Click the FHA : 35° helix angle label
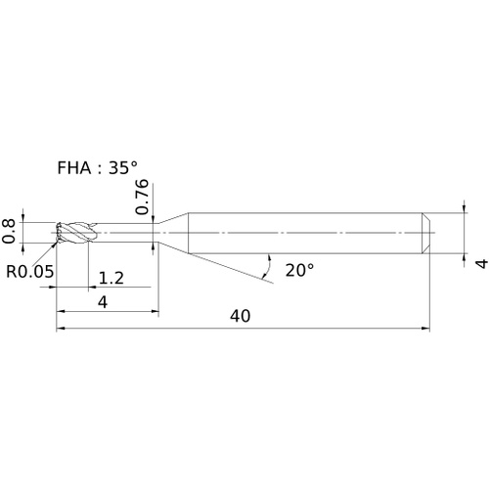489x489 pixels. [97, 168]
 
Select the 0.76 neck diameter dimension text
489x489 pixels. [142, 197]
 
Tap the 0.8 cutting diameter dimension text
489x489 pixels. [9, 231]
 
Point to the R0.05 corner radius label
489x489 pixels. [30, 271]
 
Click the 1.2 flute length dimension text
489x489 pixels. [111, 278]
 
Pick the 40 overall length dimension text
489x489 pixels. [241, 316]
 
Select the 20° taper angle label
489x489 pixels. [299, 270]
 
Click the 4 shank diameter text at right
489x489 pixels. [482, 263]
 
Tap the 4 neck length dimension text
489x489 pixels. [103, 302]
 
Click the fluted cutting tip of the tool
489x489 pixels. [73, 233]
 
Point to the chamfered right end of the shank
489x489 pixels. [426, 233]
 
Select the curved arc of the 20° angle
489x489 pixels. [267, 266]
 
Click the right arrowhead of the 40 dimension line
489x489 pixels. [425, 329]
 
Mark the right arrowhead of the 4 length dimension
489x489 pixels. [155, 311]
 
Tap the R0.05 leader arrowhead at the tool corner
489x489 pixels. [53, 245]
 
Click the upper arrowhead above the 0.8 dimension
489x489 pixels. [22, 218]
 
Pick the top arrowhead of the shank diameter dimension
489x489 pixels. [465, 208]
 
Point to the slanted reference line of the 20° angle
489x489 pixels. [232, 268]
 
